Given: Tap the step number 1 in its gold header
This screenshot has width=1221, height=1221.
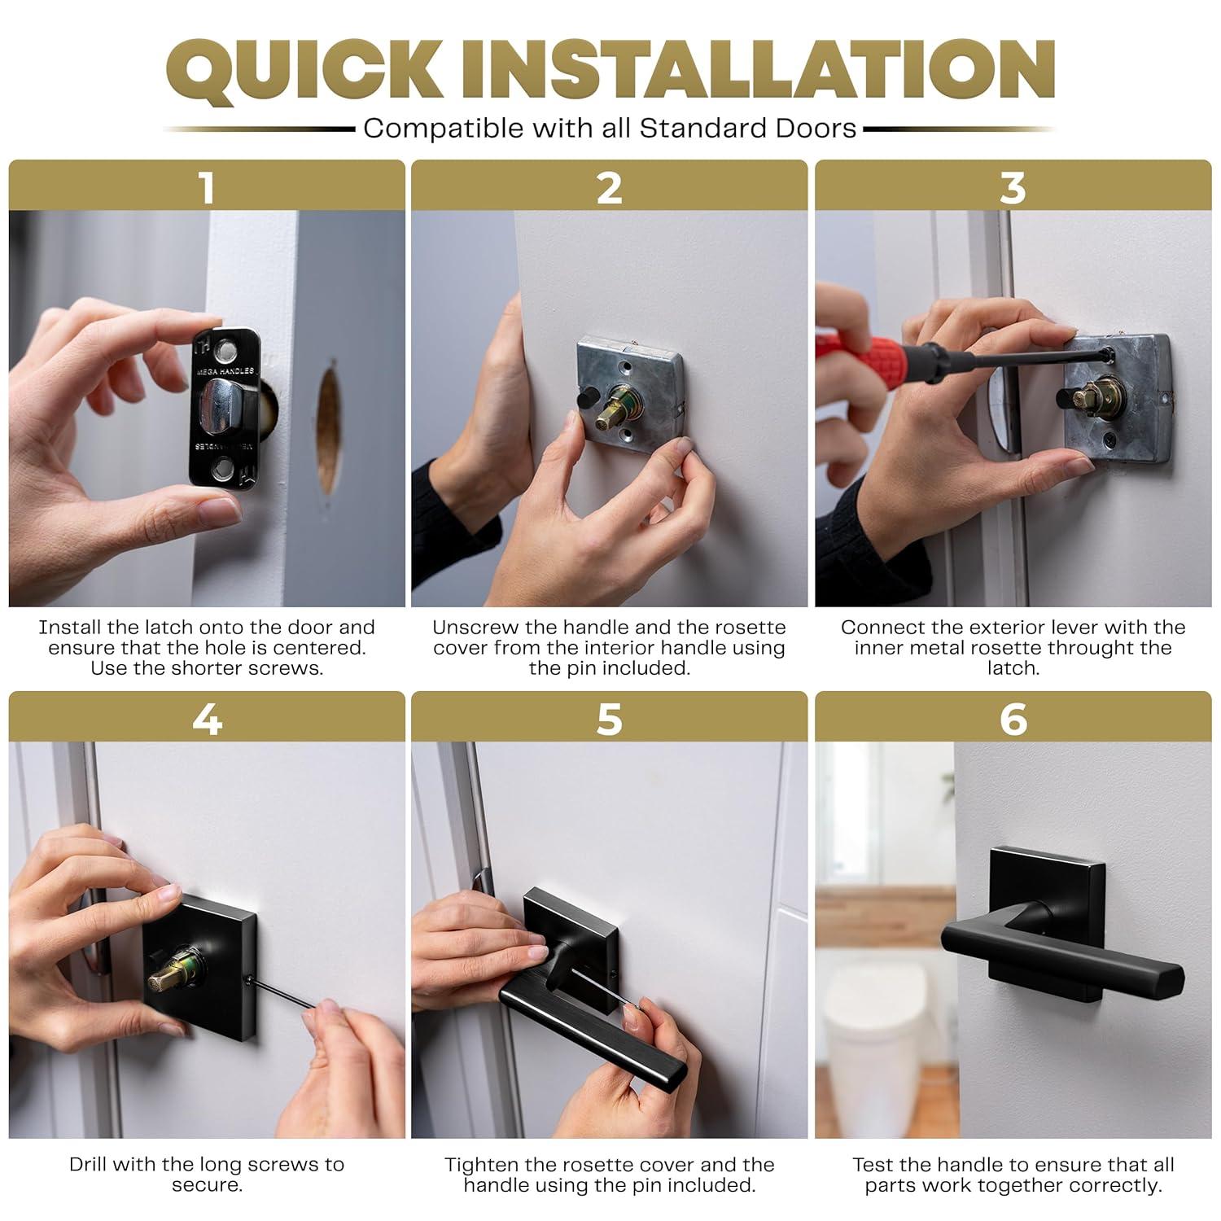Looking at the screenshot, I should tap(207, 187).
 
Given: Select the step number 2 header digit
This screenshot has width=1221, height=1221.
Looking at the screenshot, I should tap(609, 187).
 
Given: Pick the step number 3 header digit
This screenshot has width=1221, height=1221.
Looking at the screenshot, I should tap(1013, 187).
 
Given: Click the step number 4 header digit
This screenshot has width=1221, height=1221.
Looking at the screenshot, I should tap(207, 720).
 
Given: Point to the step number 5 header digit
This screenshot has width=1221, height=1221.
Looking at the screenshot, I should tap(609, 720).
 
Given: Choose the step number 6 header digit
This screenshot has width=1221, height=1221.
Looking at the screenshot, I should tap(1013, 720).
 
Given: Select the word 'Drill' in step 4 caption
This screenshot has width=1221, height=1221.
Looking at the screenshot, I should tap(88, 1165).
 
